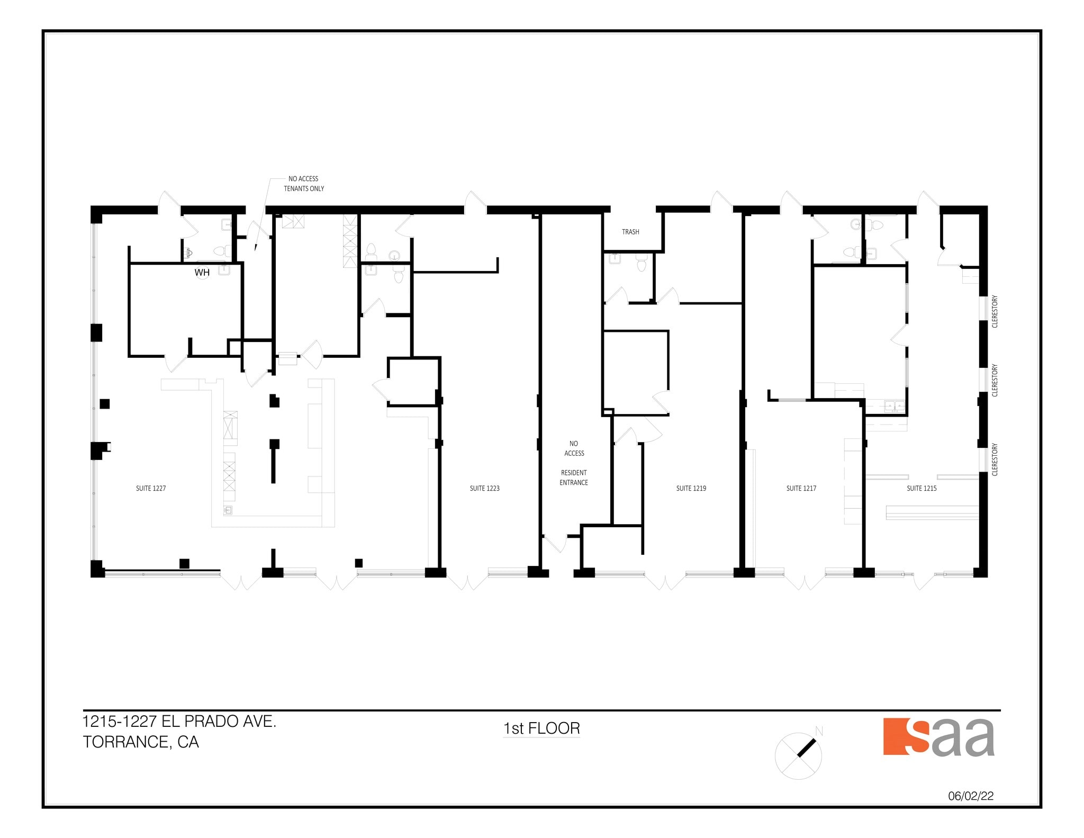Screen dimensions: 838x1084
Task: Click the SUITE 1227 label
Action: click(151, 488)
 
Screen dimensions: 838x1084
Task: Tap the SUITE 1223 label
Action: click(484, 488)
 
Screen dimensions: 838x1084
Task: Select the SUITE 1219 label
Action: click(691, 488)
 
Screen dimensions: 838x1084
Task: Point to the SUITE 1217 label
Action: click(801, 488)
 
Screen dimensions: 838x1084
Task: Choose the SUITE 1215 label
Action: click(922, 488)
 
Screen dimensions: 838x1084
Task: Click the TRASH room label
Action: click(630, 232)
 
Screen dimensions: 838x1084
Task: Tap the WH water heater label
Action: click(202, 273)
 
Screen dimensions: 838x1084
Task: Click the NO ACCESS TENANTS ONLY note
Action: click(304, 184)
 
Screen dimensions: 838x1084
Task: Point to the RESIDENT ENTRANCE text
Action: click(574, 477)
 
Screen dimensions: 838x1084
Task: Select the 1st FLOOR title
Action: click(541, 728)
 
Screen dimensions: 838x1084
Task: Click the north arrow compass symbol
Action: click(798, 756)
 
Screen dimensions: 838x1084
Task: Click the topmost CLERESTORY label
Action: click(995, 311)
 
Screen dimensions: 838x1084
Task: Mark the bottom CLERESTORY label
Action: click(995, 459)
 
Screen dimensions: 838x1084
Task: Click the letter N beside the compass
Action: click(819, 732)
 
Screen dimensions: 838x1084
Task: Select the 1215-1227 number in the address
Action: click(120, 722)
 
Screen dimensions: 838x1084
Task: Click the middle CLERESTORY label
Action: click(995, 380)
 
